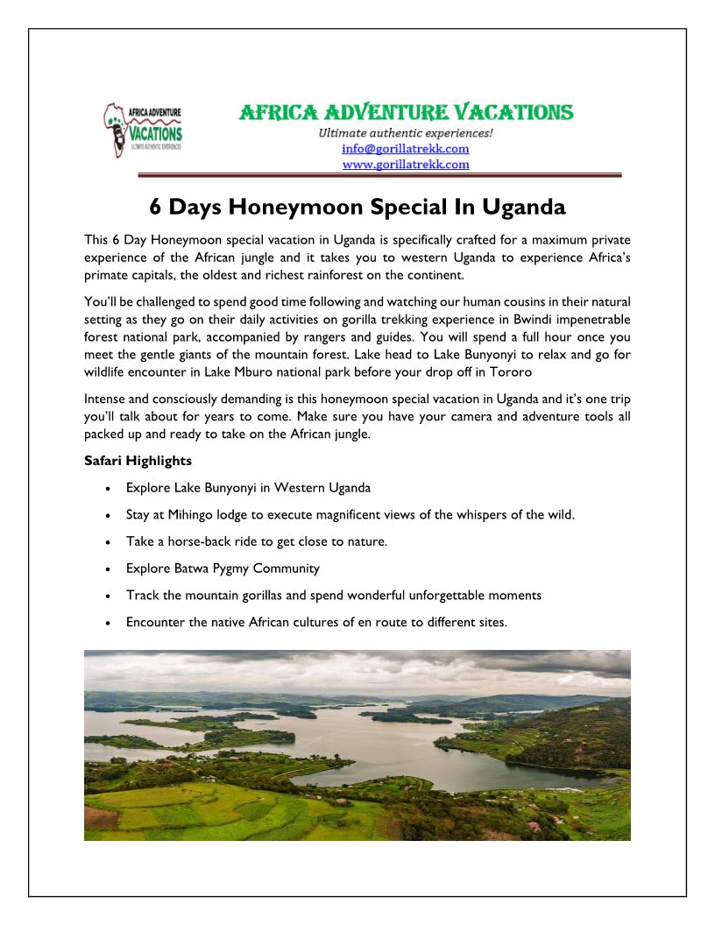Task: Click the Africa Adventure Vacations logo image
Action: [x=142, y=131]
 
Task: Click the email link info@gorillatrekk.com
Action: [x=405, y=149]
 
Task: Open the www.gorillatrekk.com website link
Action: [x=405, y=164]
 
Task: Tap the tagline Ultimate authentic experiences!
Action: [x=405, y=133]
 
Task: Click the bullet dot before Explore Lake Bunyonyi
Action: [x=107, y=488]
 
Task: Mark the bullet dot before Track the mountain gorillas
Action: [x=107, y=596]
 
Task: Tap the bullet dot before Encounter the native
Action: [x=107, y=623]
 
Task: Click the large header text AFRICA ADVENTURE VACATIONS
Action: [x=407, y=112]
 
